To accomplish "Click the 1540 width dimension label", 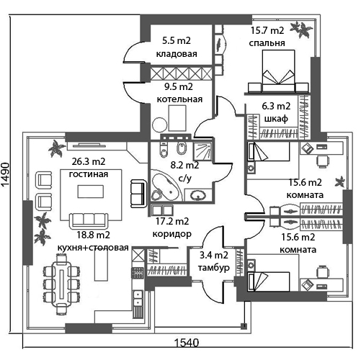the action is point(186,343).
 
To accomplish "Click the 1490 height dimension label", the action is point(5,174).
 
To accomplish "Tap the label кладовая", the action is point(177,54).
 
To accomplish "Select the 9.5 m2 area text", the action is point(179,86).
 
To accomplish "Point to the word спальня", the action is point(267,43).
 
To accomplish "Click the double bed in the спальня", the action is point(278,71).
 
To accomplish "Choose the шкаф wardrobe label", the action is point(276,119).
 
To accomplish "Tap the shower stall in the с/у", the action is point(203,151).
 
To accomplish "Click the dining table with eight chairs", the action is point(61,284).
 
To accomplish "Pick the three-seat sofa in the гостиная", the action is point(89,220).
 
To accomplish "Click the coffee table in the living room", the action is point(91,192).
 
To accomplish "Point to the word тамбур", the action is point(213,268).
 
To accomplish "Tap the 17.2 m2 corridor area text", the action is point(172,221).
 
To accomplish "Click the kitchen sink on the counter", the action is point(138,298).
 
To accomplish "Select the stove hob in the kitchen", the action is point(138,273).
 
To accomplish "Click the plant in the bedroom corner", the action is point(302,29).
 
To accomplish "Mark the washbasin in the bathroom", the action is point(198,194).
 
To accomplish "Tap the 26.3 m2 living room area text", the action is point(89,162).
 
